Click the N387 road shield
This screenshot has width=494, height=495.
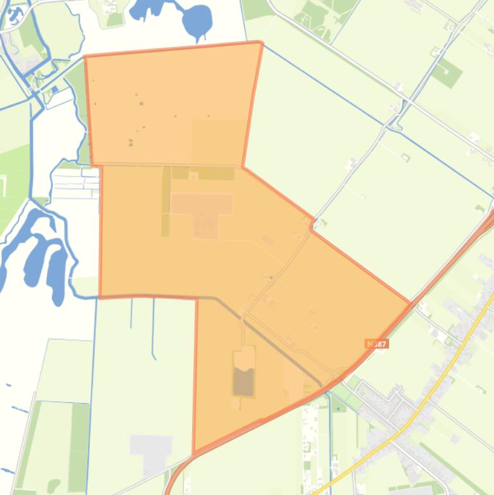376,344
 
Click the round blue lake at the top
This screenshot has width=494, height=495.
198,21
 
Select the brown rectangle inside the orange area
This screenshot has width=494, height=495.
243,381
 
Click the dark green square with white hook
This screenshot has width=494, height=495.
446,73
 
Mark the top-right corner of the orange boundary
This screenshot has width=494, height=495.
261,42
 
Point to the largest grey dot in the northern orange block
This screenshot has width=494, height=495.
141,104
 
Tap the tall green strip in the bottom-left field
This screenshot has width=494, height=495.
79,437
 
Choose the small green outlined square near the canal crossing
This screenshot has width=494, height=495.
405,157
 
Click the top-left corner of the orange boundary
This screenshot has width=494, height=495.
85,57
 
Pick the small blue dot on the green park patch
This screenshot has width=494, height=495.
55,89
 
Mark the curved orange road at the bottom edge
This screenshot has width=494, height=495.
177,473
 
